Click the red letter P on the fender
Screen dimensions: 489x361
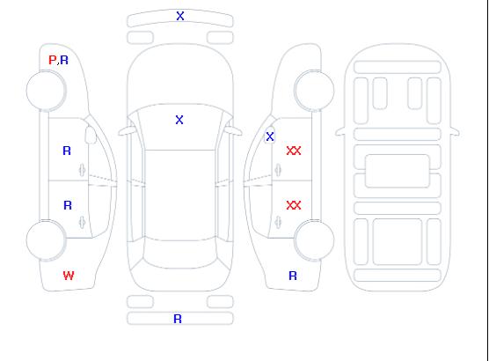[x=52, y=60]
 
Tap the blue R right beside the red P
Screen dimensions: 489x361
[x=64, y=60]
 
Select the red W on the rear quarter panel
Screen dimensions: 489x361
[x=69, y=276]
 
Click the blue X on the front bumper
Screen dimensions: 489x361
[x=180, y=16]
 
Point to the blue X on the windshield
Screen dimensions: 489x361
[x=179, y=120]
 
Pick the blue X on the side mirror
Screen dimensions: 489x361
[x=270, y=136]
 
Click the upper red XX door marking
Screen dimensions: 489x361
[x=294, y=151]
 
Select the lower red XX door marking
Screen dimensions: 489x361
[x=294, y=205]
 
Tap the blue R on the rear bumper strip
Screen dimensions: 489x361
[x=178, y=319]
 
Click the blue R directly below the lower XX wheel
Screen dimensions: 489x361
[x=293, y=276]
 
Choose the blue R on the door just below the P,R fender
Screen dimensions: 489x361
[x=67, y=151]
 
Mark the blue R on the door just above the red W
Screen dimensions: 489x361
[x=68, y=205]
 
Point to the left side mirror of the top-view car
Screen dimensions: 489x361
[x=126, y=131]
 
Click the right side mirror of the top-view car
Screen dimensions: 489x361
[x=234, y=131]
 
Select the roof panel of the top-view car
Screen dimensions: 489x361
[x=180, y=195]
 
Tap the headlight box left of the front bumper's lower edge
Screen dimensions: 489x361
[x=140, y=38]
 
